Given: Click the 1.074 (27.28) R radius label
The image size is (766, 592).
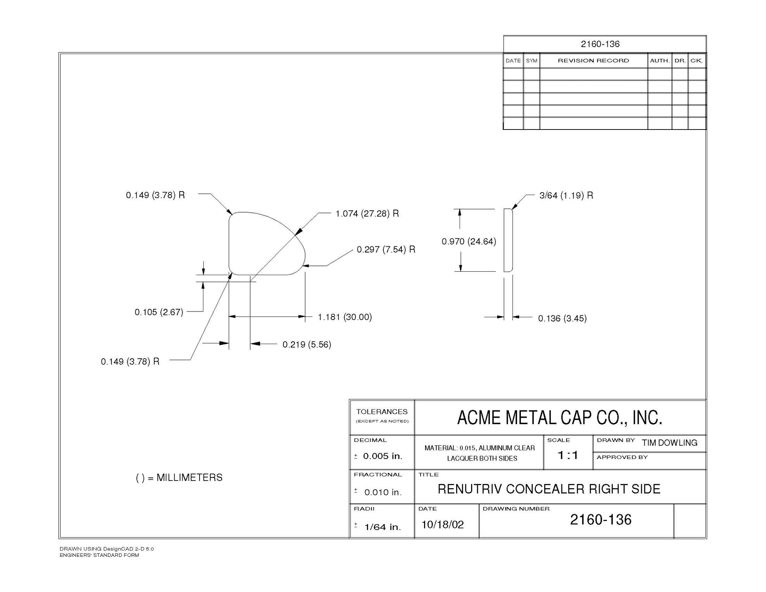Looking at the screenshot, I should (367, 213).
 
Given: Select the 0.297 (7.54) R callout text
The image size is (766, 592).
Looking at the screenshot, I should (386, 249).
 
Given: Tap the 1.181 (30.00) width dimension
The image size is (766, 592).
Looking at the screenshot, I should (345, 317).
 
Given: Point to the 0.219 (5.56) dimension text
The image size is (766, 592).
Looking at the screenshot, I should (306, 344).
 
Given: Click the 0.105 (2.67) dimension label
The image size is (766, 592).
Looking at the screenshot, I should (159, 312).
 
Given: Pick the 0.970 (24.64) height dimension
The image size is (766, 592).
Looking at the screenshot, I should (469, 241).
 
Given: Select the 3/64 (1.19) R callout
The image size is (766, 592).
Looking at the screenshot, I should (566, 195).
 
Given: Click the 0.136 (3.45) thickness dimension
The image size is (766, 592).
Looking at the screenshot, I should (562, 318).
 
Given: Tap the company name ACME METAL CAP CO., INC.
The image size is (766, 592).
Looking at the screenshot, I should (560, 418).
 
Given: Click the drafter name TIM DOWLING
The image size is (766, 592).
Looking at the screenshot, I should (669, 443).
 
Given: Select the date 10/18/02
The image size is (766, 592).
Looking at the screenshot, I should (442, 525).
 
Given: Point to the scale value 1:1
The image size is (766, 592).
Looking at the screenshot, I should (568, 455).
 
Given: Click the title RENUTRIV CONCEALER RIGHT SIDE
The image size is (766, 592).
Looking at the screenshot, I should (549, 489).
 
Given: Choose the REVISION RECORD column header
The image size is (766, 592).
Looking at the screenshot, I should (593, 61).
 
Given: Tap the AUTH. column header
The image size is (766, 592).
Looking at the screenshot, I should (660, 61).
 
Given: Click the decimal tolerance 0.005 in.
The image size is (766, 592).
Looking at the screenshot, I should (382, 456).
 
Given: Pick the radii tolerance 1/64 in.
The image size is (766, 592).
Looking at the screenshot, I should (382, 527).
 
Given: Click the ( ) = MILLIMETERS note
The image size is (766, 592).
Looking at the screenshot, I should (179, 477).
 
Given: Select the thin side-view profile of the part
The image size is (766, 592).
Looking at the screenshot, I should (508, 240).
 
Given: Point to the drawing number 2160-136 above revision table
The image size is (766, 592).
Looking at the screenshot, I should (600, 44).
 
